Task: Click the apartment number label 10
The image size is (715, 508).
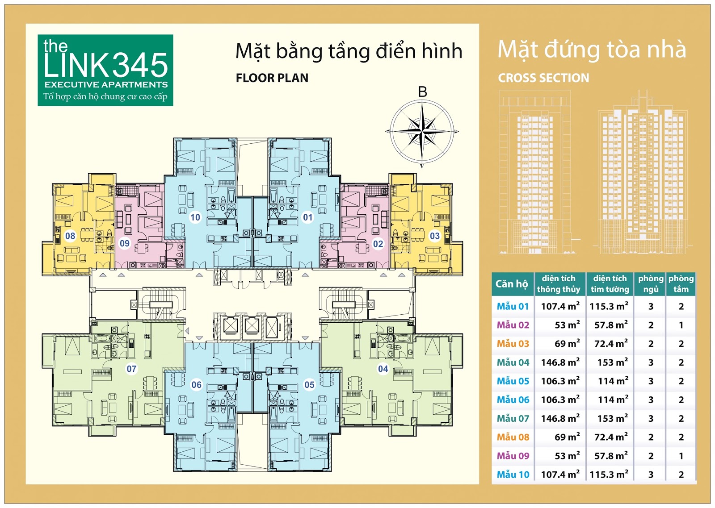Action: coord(195,217)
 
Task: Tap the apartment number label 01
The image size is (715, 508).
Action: coord(307,217)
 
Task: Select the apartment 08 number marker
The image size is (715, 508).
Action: coord(70,236)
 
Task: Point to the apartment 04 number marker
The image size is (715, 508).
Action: coord(383,369)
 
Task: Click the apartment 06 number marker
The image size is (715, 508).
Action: coord(196,385)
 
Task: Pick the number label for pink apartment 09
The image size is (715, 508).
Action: coord(125,244)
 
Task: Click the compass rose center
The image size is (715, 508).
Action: coord(422,131)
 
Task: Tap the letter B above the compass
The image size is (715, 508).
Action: coord(422,92)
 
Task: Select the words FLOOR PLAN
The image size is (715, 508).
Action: coord(272,78)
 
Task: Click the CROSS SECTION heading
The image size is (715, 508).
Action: coord(543,78)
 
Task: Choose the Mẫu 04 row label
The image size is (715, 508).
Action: coord(513,362)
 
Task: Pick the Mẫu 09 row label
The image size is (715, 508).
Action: coord(513,456)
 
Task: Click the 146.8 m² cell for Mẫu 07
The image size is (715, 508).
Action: coord(560,418)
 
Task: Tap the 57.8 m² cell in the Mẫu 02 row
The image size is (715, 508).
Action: coord(611,325)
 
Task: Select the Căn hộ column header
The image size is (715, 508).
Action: coord(511,284)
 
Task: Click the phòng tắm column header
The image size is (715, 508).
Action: coord(681,284)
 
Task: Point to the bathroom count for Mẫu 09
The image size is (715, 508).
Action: coord(681,456)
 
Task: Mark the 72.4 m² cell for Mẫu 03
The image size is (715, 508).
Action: coord(611,344)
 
